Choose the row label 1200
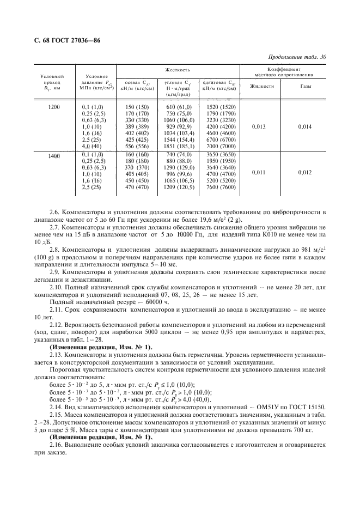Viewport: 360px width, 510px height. tap(53, 107)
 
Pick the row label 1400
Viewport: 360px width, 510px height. tap(53, 156)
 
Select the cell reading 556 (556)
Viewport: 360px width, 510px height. tap(137, 147)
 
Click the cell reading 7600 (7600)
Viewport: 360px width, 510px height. tap(221, 187)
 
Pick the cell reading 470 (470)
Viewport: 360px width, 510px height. tap(137, 187)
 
